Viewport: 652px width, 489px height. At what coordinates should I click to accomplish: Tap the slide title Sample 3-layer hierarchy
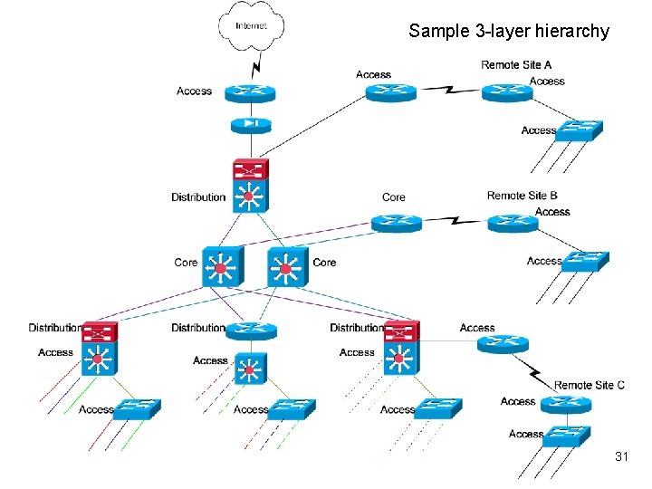(x=509, y=31)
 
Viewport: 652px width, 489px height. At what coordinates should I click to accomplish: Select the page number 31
(x=621, y=457)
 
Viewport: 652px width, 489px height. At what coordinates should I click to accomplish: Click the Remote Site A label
(x=516, y=65)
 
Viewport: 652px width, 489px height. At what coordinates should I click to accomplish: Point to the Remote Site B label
(x=522, y=196)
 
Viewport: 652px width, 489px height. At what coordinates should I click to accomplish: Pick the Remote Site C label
(x=589, y=385)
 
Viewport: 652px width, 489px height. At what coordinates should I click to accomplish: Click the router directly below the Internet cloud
(x=250, y=92)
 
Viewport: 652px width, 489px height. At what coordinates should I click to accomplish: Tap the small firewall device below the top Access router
(x=250, y=125)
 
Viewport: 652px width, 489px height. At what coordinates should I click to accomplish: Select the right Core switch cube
(x=287, y=267)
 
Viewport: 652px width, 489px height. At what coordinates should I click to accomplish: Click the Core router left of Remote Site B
(x=396, y=223)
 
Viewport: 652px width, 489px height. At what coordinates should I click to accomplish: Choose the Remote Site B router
(x=513, y=223)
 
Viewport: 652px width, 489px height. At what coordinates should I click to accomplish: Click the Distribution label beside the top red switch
(x=198, y=197)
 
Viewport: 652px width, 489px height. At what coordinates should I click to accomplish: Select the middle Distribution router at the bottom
(x=250, y=331)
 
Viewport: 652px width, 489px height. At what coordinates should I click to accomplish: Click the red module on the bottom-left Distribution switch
(x=98, y=330)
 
